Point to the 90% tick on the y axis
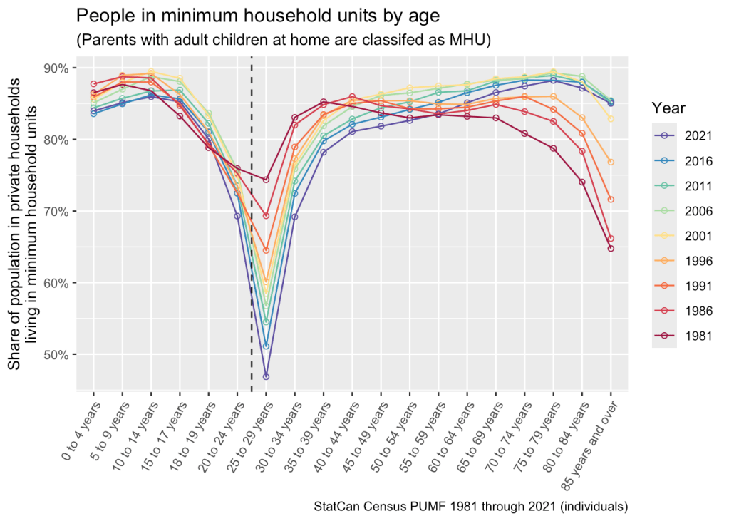(x=57, y=68)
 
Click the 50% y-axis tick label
(x=57, y=355)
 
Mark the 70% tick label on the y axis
(x=57, y=212)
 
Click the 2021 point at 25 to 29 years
(x=266, y=376)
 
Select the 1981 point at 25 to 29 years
(x=266, y=180)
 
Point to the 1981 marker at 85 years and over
(x=611, y=248)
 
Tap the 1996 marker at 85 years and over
(x=611, y=163)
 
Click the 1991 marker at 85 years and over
(x=611, y=199)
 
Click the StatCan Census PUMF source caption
(x=470, y=507)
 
